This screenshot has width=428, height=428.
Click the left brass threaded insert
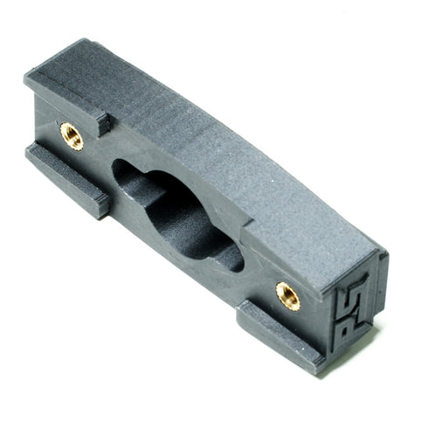click(x=72, y=135)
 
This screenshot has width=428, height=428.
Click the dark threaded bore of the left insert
click(x=72, y=136)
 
